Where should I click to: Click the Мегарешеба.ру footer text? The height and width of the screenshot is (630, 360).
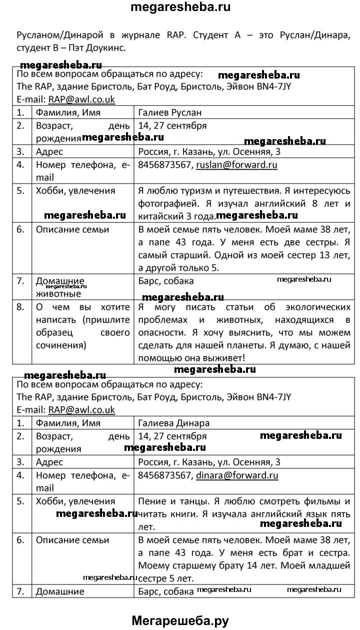pyautogui.click(x=180, y=620)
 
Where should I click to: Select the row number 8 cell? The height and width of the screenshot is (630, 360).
pyautogui.click(x=20, y=307)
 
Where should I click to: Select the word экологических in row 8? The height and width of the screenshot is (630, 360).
pyautogui.click(x=305, y=307)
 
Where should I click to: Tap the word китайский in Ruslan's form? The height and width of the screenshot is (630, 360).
pyautogui.click(x=159, y=217)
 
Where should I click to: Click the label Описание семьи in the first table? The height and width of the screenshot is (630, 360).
pyautogui.click(x=72, y=230)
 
